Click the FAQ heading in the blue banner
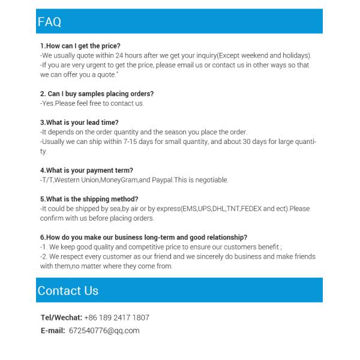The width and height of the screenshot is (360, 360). click(50, 22)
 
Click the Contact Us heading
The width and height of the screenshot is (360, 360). click(68, 291)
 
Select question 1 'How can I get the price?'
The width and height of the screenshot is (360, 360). click(80, 46)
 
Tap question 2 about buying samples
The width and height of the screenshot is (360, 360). click(97, 94)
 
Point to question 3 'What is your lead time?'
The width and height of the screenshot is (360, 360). click(79, 122)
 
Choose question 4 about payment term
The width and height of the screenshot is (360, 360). click(86, 170)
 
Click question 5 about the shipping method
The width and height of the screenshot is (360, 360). click(89, 199)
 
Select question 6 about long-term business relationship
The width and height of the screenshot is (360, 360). click(143, 237)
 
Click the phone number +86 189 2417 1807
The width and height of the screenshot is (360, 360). click(116, 317)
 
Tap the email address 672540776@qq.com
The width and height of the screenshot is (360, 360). click(104, 331)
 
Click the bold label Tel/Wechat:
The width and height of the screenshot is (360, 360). click(61, 317)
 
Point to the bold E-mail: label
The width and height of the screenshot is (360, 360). click(53, 331)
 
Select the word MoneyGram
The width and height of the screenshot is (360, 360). click(119, 179)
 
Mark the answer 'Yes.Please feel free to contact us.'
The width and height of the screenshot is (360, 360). click(92, 103)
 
